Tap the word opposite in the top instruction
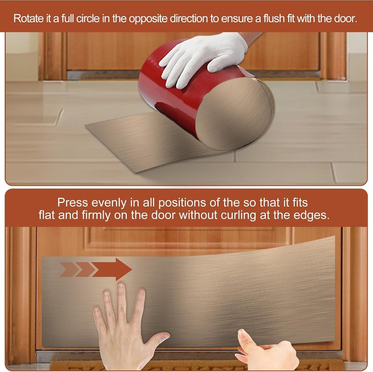click(x=148, y=19)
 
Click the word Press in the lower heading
click(x=73, y=203)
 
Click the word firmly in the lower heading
click(x=96, y=216)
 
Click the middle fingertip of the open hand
click(x=121, y=286)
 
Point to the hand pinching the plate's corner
click(x=266, y=350)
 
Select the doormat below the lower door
click(x=195, y=365)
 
